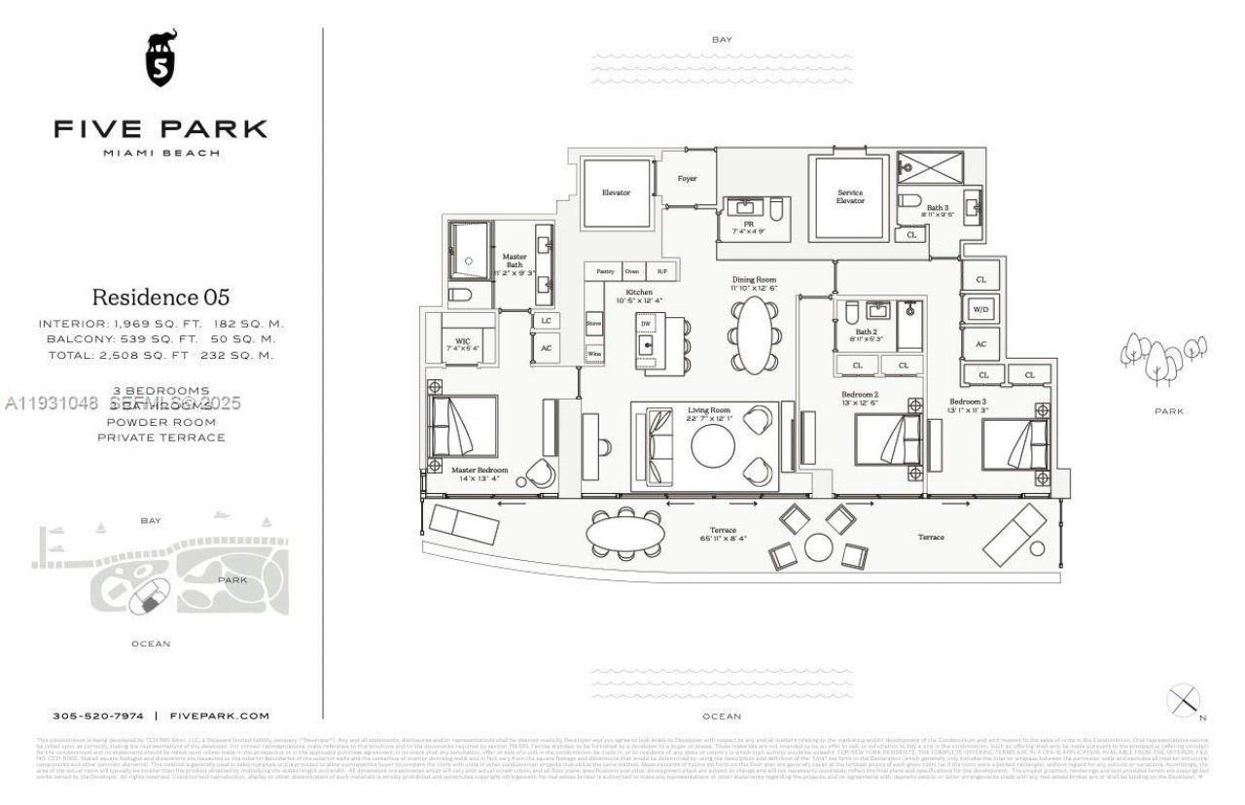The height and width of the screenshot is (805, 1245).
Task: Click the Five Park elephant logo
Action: pyautogui.click(x=160, y=59)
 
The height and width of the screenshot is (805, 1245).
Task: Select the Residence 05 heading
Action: pyautogui.click(x=160, y=297)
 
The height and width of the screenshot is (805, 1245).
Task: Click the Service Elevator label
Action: pyautogui.click(x=849, y=196)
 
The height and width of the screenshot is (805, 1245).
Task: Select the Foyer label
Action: pyautogui.click(x=688, y=178)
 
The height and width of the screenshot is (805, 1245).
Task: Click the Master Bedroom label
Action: pyautogui.click(x=480, y=470)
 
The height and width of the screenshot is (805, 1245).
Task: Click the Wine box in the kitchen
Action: pyautogui.click(x=593, y=354)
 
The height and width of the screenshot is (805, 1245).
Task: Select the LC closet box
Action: pyautogui.click(x=546, y=320)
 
